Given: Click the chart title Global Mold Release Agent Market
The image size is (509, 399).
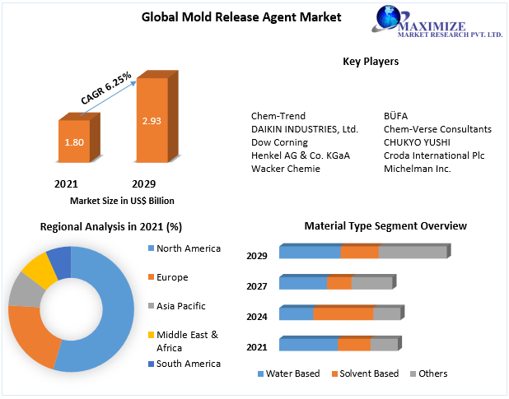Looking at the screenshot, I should point(230,16).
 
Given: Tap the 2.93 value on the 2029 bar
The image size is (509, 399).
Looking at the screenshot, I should point(152,121).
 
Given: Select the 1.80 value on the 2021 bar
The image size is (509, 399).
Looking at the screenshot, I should point(74,142).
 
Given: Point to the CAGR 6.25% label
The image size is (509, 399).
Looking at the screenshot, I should point(106,88).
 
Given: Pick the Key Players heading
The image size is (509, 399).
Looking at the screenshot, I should point(371,61).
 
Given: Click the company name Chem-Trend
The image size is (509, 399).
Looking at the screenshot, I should point(278,116).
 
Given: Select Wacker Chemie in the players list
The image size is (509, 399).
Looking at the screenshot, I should point(285,169).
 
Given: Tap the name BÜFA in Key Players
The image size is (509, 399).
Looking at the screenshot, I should point(397,116).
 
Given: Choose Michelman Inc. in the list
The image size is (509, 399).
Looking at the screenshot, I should point(417,169).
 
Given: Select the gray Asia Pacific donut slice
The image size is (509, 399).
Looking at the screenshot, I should point(23,290).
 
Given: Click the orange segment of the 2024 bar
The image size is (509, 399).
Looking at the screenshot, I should point(343,313).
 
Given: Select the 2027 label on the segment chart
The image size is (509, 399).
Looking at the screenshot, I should point(257,285).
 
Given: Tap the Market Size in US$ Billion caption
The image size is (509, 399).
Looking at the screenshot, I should point(122,200).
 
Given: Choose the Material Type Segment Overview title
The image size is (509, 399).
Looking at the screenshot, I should point(385,225).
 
